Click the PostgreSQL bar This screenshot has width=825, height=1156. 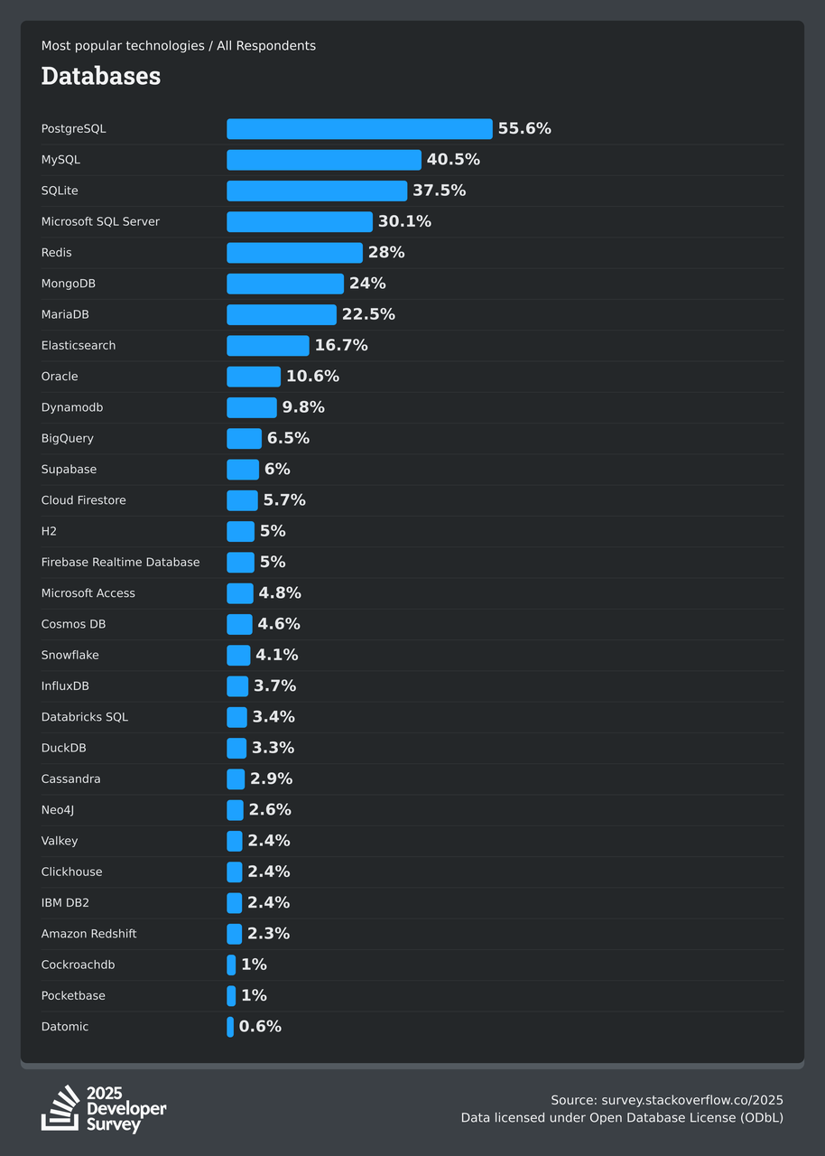click(359, 129)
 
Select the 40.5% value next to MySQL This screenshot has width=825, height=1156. click(453, 160)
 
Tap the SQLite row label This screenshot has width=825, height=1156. click(60, 191)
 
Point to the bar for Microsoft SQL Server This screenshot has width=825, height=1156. click(300, 222)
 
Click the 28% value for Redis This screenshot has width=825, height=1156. click(386, 253)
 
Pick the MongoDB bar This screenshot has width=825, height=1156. click(285, 284)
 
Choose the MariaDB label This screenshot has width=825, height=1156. click(65, 314)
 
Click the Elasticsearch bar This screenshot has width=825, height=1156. click(268, 346)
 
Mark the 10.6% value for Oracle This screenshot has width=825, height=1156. click(312, 377)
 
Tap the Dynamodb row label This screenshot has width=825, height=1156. click(72, 407)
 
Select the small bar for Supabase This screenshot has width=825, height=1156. click(243, 470)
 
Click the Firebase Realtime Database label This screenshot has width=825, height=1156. click(120, 562)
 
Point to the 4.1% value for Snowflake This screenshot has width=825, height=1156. click(276, 655)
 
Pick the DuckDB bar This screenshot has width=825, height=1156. click(236, 748)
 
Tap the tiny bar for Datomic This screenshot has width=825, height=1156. click(230, 1027)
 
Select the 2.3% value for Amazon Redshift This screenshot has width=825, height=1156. click(269, 934)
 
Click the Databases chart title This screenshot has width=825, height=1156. click(101, 77)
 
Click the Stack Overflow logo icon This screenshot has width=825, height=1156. click(60, 1108)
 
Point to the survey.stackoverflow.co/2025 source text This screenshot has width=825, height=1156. click(667, 1100)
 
